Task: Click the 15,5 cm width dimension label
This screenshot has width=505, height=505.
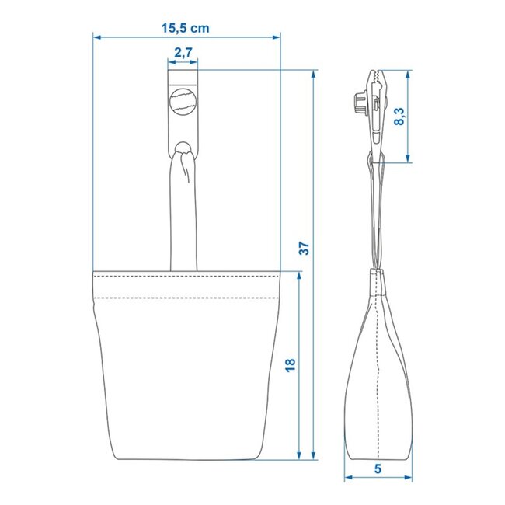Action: coord(185,26)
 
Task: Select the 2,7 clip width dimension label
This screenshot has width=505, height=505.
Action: coord(183,53)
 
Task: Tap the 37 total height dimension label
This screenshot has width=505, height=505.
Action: coord(305,249)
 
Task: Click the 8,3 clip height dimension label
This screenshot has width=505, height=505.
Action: coord(399,117)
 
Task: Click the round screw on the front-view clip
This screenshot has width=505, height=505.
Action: coord(183,102)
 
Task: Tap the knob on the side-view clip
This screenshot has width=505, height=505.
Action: coord(359,104)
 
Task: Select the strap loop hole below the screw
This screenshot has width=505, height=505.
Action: coord(184,147)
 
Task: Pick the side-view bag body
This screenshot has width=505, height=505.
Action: coord(377,381)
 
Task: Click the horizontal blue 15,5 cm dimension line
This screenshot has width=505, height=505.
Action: coord(233,37)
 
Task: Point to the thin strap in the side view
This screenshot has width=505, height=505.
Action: coord(377,218)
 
